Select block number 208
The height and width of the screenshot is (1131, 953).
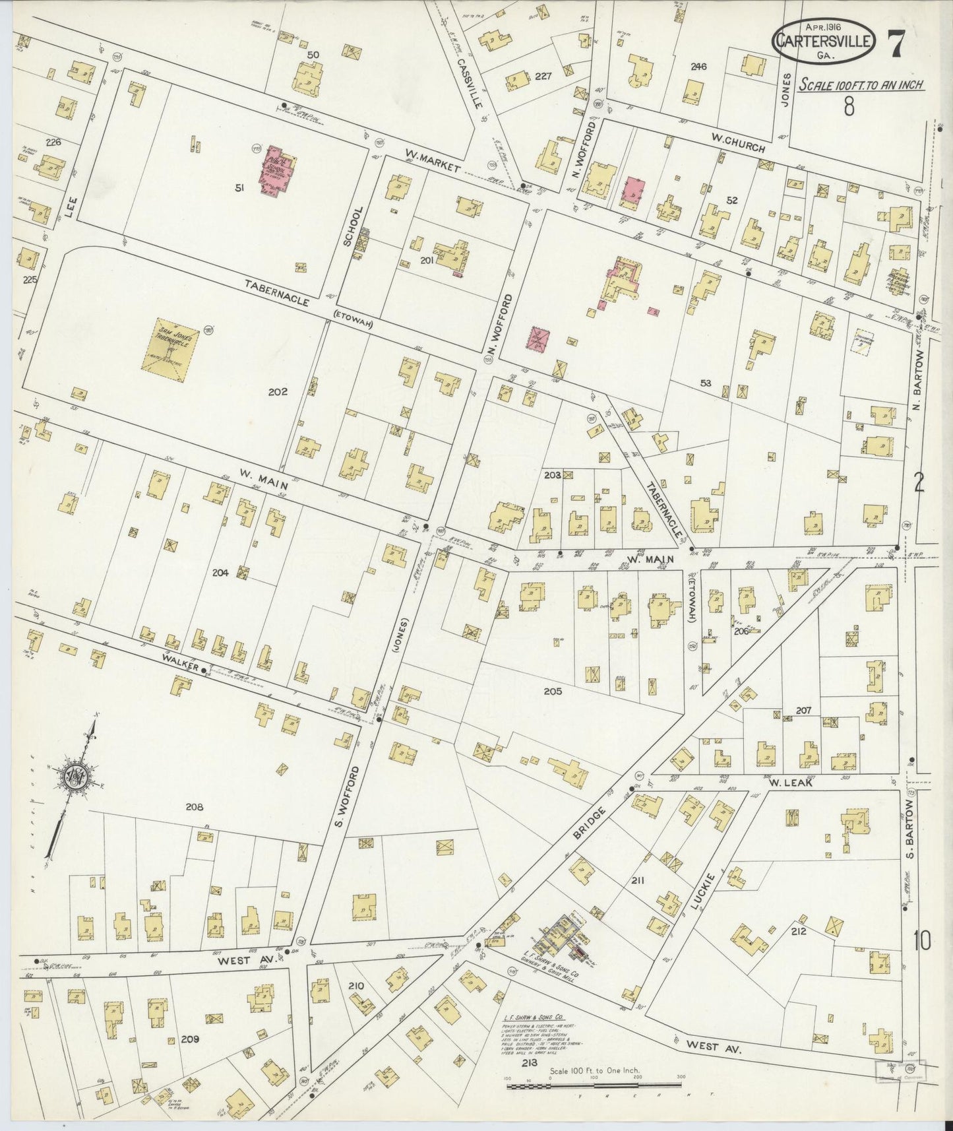(194, 806)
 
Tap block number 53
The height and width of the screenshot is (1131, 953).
(706, 382)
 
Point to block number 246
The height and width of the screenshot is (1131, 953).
(698, 66)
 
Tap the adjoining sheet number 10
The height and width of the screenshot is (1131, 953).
(922, 941)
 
